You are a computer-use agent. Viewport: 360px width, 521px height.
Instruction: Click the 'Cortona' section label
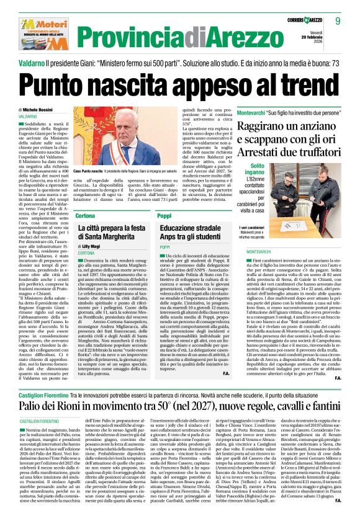coord(85,215)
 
